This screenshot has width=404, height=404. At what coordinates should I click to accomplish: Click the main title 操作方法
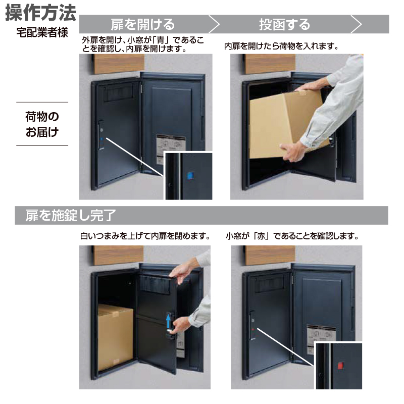coord(41,13)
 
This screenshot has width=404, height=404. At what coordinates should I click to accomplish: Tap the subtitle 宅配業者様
coord(42,32)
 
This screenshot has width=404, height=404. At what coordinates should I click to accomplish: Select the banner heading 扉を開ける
coord(143,24)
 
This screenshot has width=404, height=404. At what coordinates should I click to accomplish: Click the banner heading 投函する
coord(284,24)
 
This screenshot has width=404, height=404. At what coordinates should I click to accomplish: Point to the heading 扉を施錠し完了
coord(71,216)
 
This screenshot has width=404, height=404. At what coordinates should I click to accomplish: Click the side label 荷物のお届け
coord(42,124)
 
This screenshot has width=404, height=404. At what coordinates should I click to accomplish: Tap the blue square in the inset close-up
coord(191,175)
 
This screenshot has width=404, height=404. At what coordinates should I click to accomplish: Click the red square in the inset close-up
coord(340,366)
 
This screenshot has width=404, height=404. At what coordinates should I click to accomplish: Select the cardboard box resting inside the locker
coord(116,337)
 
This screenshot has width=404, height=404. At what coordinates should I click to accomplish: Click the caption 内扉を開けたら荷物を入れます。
coord(281,46)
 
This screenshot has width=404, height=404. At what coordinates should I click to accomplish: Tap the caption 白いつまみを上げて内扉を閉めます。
coord(145,236)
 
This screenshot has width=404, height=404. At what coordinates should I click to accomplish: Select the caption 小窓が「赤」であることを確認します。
coord(292,236)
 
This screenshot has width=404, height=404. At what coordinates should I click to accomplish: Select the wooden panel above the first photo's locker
coord(119,64)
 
